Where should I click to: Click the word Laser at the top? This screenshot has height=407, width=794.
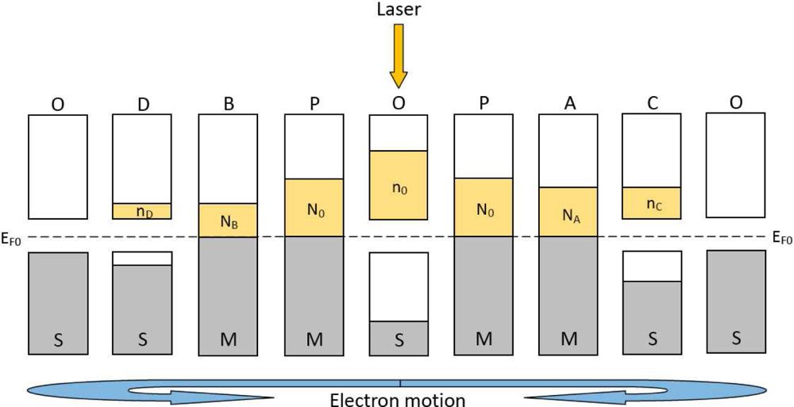pos(398,10)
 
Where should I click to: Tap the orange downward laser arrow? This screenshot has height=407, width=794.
pos(399,55)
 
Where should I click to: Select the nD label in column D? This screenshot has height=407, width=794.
pos(143,212)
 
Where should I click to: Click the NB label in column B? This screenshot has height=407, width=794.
pos(228,221)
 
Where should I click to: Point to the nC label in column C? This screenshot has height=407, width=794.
pos(651,204)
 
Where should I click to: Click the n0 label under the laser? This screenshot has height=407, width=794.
pos(399,189)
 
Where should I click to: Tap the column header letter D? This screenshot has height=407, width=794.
pos(143,104)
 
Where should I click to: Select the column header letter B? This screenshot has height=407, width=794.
pos(228,104)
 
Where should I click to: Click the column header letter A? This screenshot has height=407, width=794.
pos(568,104)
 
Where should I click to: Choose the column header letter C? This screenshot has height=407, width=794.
pos(651,104)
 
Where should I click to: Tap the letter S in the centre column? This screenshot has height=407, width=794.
pos(399,340)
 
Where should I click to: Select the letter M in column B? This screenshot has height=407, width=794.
pos(228,340)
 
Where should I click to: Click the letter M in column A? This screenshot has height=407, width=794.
pos(568,340)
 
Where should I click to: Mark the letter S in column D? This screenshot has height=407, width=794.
pos(143,340)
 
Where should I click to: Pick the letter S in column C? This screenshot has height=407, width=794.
pos(651,340)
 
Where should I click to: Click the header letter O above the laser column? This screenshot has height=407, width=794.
pos(399,104)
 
